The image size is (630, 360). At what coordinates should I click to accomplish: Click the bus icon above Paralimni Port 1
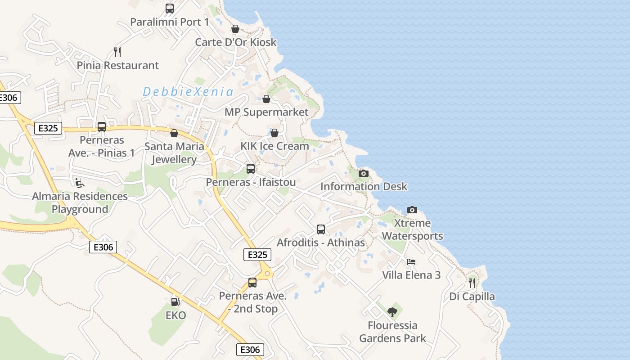tap(170, 8)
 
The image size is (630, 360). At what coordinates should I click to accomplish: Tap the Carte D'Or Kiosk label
tap(235, 42)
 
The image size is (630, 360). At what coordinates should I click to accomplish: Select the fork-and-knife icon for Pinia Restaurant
tap(117, 52)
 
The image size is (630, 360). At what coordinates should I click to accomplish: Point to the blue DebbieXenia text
tap(188, 92)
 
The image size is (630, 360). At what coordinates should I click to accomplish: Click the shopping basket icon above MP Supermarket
tap(266, 99)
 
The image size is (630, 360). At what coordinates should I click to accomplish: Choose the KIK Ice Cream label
tap(274, 146)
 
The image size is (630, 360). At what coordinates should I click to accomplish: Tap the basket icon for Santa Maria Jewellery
tap(174, 134)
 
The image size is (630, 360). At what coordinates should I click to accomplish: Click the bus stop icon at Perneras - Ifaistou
tap(251, 169)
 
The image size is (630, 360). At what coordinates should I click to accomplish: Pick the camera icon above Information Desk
tap(364, 173)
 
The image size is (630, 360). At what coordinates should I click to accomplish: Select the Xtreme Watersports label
tap(412, 229)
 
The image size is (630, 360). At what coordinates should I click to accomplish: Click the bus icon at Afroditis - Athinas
tap(321, 229)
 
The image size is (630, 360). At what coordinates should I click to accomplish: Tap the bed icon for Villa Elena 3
tap(411, 261)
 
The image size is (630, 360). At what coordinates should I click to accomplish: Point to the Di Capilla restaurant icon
tap(472, 283)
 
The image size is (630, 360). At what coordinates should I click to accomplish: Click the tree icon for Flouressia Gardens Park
tap(392, 312)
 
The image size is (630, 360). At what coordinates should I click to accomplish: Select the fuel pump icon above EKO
tap(175, 301)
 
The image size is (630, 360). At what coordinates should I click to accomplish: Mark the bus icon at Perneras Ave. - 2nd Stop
tap(252, 283)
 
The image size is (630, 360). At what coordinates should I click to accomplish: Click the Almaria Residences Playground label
tap(80, 202)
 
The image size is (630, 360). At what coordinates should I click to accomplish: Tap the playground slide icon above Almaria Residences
tap(79, 183)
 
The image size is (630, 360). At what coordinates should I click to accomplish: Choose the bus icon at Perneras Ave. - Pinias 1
tap(102, 127)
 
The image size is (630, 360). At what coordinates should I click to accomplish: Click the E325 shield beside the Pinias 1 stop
tap(48, 128)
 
